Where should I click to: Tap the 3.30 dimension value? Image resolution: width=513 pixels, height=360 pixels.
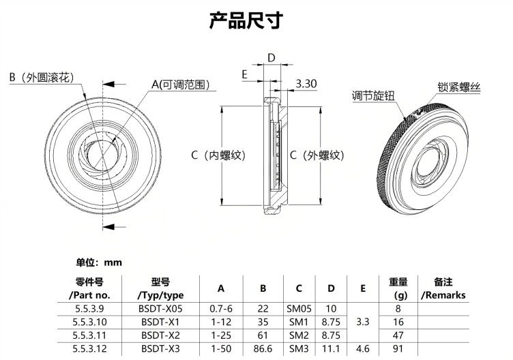[306, 84]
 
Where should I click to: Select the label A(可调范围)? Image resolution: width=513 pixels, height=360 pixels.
[180, 85]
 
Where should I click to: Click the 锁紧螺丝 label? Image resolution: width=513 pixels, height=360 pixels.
[459, 88]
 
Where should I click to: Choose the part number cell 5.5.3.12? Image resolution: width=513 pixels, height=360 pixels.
[91, 349]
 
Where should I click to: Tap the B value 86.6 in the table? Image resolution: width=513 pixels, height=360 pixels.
[263, 349]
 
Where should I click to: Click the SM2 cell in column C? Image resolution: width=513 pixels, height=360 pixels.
[299, 335]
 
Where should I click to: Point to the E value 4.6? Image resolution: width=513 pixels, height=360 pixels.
[362, 349]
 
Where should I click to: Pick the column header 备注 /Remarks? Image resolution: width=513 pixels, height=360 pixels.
[443, 288]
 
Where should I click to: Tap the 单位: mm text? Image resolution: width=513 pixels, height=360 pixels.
[98, 262]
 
